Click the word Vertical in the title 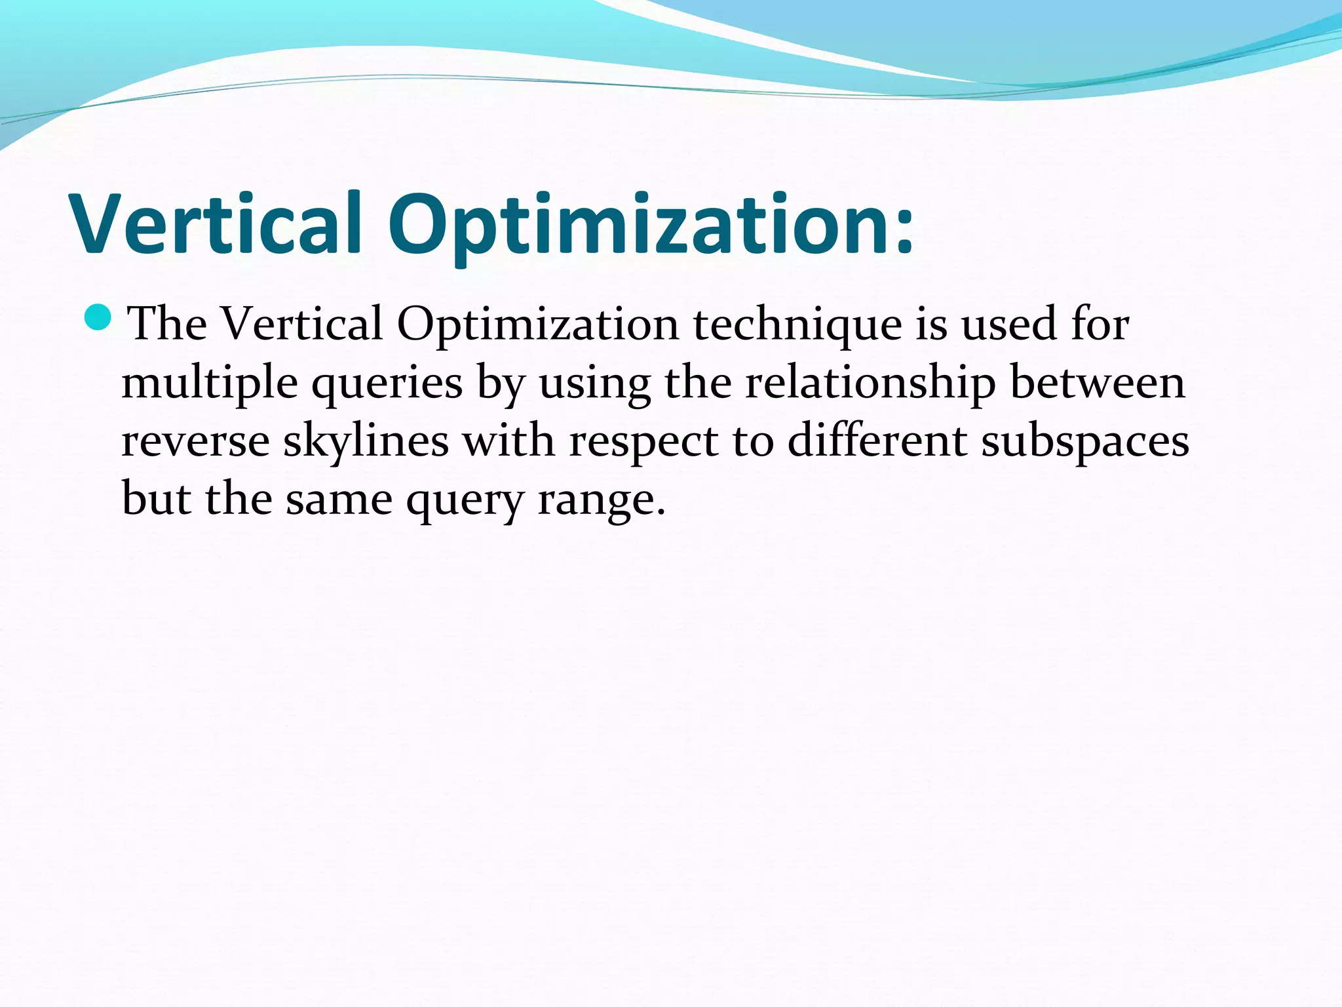(x=216, y=224)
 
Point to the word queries (x=387, y=383)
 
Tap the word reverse (x=195, y=441)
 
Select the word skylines (x=366, y=441)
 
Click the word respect (x=643, y=442)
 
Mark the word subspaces (x=1085, y=442)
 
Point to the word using (x=594, y=383)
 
